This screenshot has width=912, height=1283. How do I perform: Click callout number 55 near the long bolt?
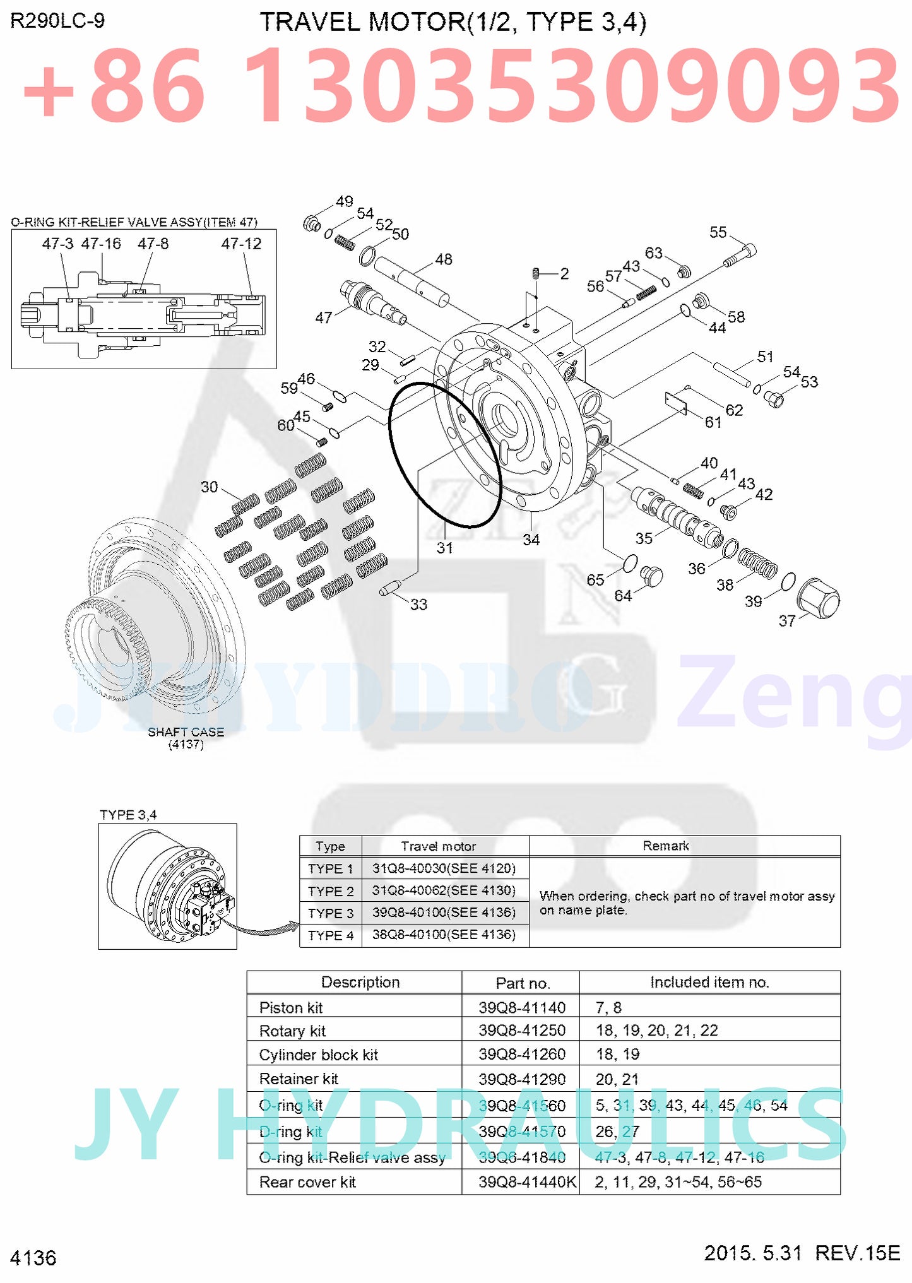tap(718, 232)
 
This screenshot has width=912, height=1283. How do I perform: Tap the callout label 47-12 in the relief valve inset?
tap(241, 244)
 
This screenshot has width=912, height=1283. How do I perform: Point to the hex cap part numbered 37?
tap(818, 598)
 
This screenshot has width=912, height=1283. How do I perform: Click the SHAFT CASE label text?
tap(186, 732)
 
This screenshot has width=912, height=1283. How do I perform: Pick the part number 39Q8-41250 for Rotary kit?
tap(521, 1030)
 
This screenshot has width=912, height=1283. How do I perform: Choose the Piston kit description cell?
tap(291, 1007)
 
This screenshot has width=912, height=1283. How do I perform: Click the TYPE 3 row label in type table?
tap(331, 913)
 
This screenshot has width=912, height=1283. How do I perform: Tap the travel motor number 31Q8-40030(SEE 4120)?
tap(444, 868)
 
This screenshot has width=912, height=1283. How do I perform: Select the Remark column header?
tap(665, 846)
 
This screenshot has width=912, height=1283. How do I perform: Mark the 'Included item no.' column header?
tap(709, 982)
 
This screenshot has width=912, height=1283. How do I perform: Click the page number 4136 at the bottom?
tap(33, 1258)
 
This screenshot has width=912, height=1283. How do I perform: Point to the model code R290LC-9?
tap(57, 21)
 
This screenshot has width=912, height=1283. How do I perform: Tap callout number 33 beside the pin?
tap(418, 605)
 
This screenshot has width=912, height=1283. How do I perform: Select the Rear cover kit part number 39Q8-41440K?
tap(527, 1182)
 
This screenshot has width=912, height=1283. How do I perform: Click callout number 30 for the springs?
tap(209, 487)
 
